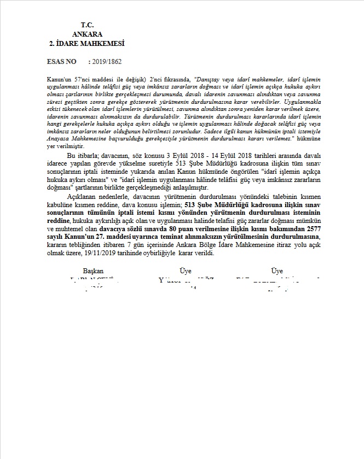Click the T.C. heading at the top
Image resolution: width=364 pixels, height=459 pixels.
pos(87,25)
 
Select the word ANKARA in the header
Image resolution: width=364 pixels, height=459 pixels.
pos(87,33)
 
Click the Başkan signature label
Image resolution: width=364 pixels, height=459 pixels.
pos(93,271)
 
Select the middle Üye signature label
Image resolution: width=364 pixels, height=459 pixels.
pos(185,271)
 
